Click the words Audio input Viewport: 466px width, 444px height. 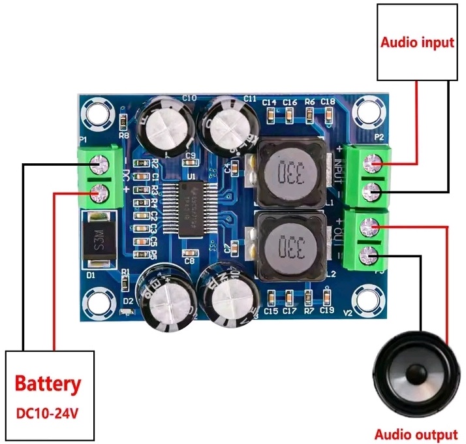point(417,43)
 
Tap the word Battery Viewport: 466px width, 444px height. point(48,384)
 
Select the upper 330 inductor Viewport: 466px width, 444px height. point(287,174)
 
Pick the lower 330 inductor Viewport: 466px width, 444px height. point(287,247)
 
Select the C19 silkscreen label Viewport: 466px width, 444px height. point(328,311)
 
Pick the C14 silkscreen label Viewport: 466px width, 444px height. point(270,103)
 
